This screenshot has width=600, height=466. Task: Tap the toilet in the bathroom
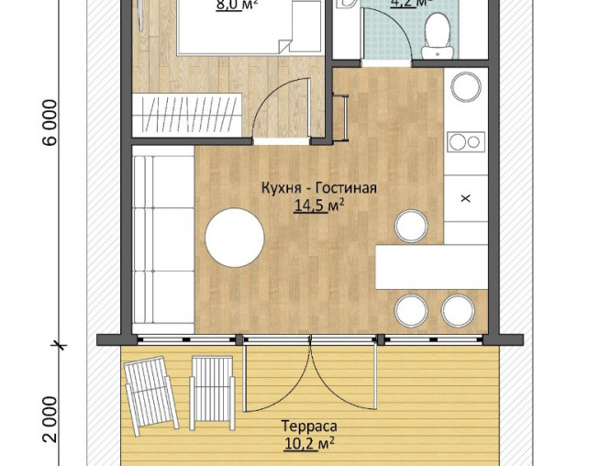pos(434,32)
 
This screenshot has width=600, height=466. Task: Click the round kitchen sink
pos(464,88)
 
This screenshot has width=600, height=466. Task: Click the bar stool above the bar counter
pos(411,225)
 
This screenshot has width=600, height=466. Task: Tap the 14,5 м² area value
pos(319,206)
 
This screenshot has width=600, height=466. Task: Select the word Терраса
pos(308,427)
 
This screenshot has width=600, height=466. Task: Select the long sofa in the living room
pos(162,243)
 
